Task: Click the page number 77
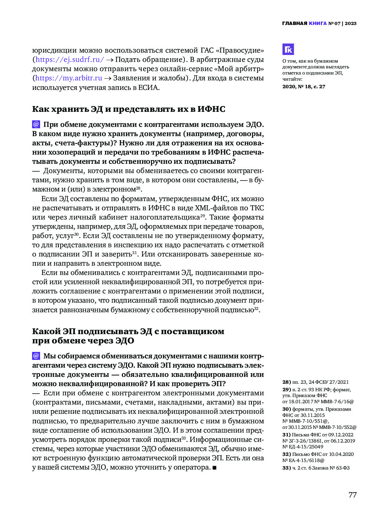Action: pyautogui.click(x=352, y=495)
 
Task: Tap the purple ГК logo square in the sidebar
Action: pyautogui.click(x=288, y=50)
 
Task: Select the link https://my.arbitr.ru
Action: pyautogui.click(x=69, y=78)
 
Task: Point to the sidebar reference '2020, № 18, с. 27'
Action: pyautogui.click(x=304, y=87)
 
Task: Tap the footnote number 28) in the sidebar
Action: pyautogui.click(x=287, y=382)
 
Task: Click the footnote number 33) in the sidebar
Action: pyautogui.click(x=287, y=468)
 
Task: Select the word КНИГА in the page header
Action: pyautogui.click(x=318, y=23)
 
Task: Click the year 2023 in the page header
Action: pyautogui.click(x=351, y=23)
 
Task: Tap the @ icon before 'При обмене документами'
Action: pyautogui.click(x=36, y=124)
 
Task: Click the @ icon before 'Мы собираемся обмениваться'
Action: pyautogui.click(x=36, y=356)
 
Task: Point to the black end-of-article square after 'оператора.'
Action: pyautogui.click(x=214, y=468)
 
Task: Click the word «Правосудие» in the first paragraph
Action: pyautogui.click(x=240, y=50)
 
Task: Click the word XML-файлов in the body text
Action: pyautogui.click(x=212, y=208)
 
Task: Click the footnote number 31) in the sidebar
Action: pyautogui.click(x=287, y=435)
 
